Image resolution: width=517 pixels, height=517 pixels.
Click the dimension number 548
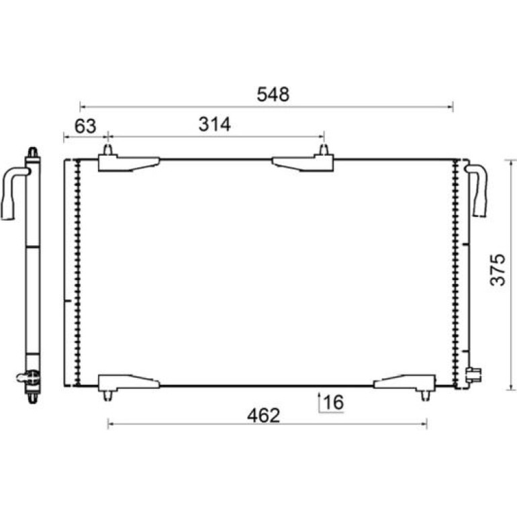(x=273, y=94)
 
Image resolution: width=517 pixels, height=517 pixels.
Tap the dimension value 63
(x=85, y=126)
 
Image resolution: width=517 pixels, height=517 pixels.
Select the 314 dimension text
(x=214, y=124)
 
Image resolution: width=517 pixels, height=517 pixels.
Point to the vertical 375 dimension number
(x=498, y=269)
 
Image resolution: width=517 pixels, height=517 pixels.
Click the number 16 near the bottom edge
(x=333, y=402)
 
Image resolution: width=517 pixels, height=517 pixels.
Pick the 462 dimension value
(x=263, y=416)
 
